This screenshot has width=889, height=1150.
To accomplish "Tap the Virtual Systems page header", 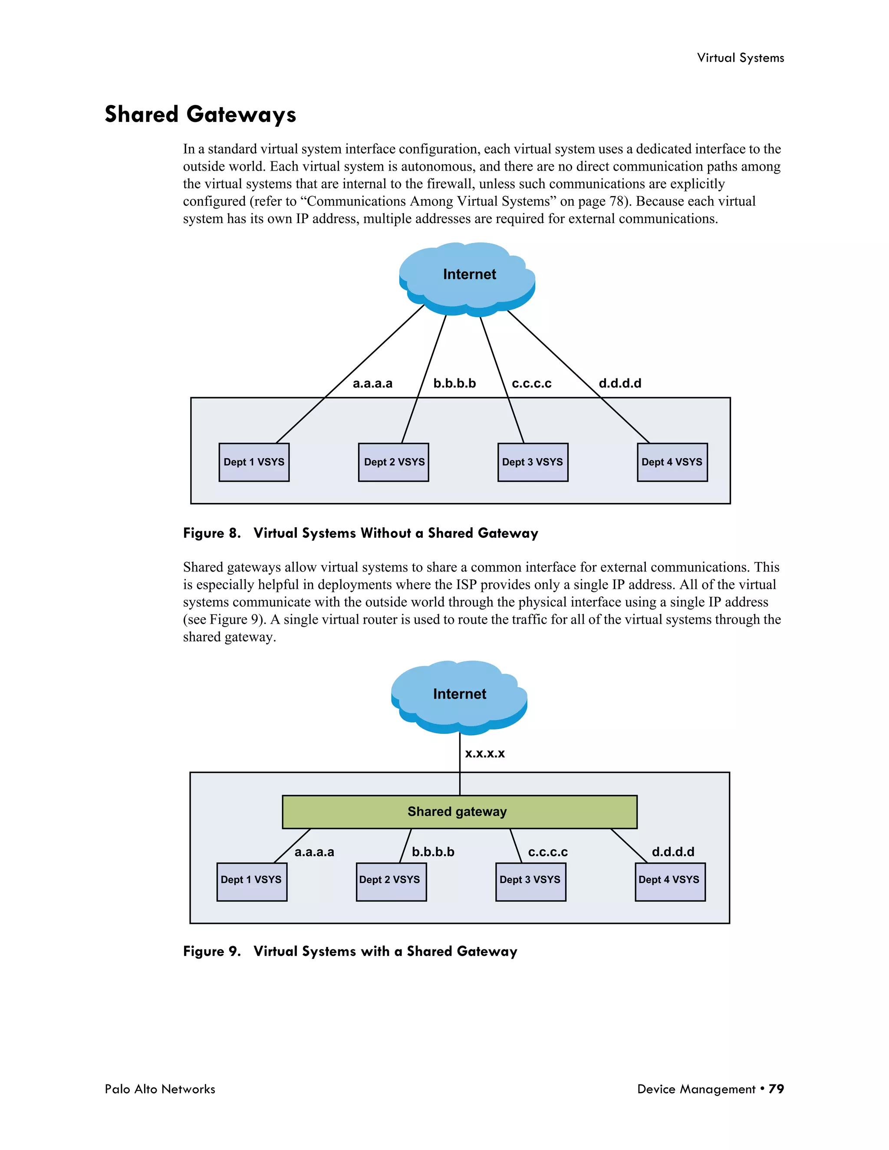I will pos(740,58).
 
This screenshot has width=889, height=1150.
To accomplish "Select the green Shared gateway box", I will pos(459,812).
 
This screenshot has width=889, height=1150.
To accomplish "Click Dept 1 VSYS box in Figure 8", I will pos(254,462).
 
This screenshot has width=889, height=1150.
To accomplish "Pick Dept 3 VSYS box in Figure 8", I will pos(533,462).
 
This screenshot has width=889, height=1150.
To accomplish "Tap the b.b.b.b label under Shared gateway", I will pos(433,852).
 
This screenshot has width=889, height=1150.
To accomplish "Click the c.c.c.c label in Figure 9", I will pos(548,852).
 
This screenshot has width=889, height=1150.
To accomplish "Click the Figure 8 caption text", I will pos(360,533).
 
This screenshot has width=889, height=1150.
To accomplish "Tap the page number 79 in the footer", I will pos(776,1089).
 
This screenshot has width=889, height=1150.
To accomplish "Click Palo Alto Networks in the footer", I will pos(160,1089).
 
